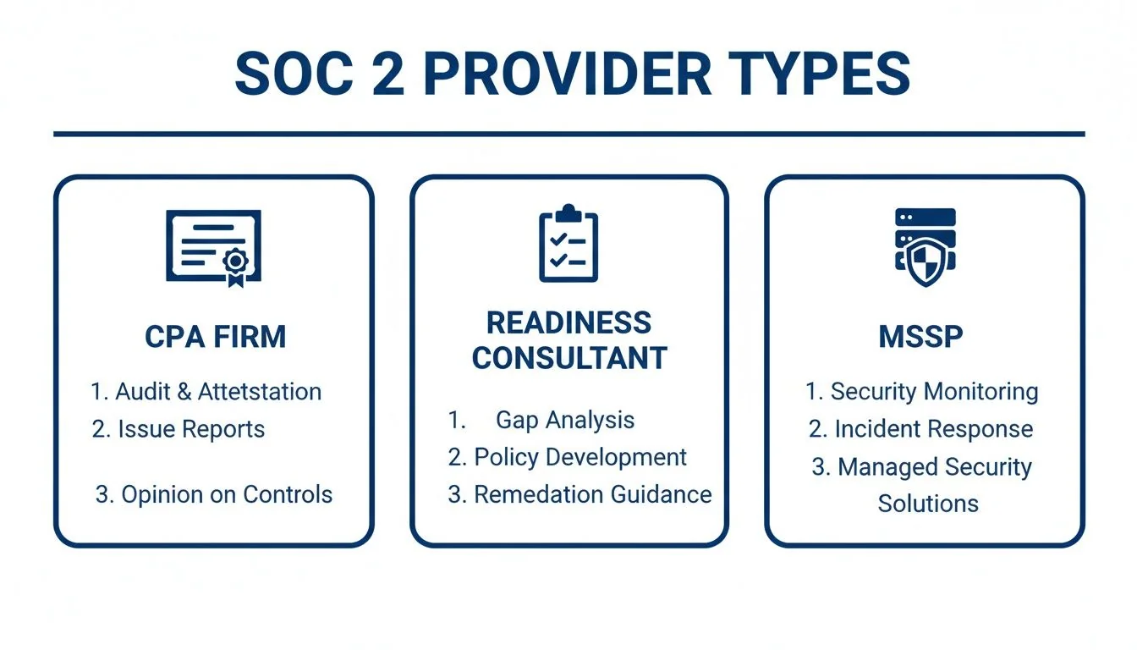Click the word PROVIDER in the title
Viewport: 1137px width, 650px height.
coord(567,74)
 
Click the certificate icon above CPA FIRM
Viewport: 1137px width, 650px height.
coord(213,246)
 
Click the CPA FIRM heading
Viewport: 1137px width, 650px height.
coord(215,337)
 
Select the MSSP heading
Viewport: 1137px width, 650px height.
coord(920,337)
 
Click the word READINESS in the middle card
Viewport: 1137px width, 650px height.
coord(568,322)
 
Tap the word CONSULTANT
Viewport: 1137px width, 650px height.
coord(568,358)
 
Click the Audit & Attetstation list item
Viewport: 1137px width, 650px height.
coord(206,392)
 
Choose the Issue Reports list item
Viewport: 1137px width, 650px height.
coord(179,429)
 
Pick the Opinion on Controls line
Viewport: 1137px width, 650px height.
coord(214,495)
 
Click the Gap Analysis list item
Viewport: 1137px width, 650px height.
coord(564,420)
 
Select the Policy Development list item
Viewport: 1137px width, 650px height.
coord(568,457)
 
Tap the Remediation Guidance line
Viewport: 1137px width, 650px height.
coord(579,494)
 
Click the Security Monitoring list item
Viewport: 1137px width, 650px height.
coord(922,392)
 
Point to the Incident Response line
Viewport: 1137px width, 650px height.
coord(921,429)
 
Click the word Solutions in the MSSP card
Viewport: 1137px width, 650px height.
coord(928,504)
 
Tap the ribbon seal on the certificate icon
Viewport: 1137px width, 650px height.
coord(234,265)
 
